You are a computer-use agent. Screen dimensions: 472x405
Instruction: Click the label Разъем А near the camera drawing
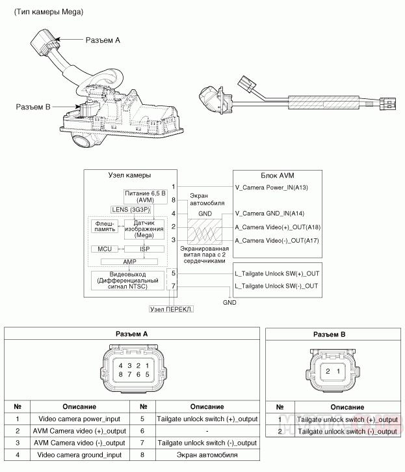point(103,40)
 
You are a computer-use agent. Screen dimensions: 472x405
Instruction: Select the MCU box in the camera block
point(105,249)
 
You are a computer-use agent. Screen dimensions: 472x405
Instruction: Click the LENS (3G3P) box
point(129,210)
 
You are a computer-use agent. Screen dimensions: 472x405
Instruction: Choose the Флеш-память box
point(105,226)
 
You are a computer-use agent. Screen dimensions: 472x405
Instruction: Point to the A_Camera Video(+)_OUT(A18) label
point(277,227)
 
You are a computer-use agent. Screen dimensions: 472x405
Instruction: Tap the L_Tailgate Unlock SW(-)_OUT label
point(275,286)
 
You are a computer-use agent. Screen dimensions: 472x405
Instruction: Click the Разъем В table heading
point(330,334)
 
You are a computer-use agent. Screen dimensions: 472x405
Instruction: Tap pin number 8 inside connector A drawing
point(120,374)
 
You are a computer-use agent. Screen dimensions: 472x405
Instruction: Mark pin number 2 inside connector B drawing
point(329,370)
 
